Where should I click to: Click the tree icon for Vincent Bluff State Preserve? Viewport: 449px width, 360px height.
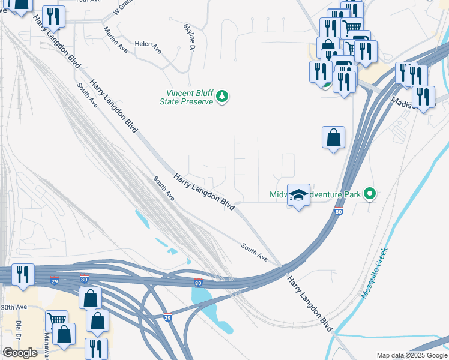pos(222,96)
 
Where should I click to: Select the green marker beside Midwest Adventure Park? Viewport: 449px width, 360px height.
pos(370,194)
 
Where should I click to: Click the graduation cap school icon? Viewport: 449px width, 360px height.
pos(298,195)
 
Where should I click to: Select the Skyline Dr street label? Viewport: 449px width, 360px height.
pos(190,38)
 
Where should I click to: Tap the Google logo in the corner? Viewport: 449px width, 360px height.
pos(20,353)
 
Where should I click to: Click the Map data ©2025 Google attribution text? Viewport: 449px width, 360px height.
pos(412,355)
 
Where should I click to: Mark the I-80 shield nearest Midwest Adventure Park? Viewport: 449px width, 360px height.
pos(339,212)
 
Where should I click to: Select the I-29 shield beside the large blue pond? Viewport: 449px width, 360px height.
pos(168,318)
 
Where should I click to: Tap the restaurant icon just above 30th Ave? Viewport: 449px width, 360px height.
pos(23,274)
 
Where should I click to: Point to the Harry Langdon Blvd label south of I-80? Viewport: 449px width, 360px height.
pos(309,304)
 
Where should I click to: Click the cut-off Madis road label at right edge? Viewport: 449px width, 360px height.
pos(401,103)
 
